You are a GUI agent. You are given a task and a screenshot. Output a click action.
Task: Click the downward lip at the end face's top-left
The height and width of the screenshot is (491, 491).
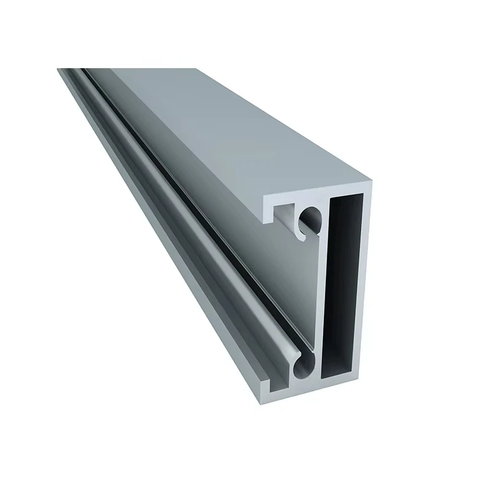pyautogui.click(x=269, y=209)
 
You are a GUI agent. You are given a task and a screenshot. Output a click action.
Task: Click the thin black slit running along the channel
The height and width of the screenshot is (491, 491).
pyautogui.click(x=184, y=203)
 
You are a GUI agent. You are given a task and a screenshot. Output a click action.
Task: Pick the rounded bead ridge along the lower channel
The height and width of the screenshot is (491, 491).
pyautogui.click(x=184, y=245)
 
